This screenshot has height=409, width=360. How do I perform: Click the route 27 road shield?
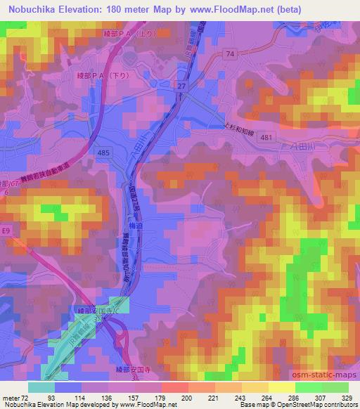(181, 85)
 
